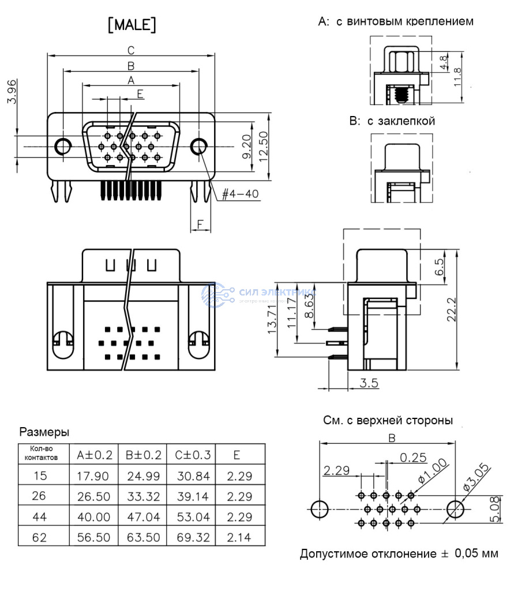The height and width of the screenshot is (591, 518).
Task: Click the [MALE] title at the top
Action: (132, 25)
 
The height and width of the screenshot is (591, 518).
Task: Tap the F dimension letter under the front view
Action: (200, 223)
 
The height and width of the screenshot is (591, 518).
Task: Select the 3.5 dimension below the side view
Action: (369, 382)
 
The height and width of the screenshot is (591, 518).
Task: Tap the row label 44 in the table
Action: (40, 517)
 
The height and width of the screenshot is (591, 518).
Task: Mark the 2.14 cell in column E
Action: (237, 537)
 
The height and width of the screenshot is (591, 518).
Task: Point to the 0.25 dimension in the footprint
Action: (413, 458)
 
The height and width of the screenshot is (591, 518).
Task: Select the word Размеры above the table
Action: (44, 432)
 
